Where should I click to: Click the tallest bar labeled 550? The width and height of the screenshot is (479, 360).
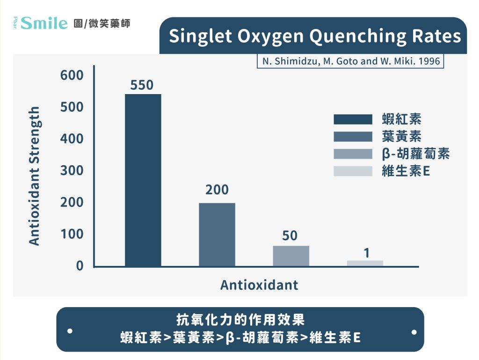click(143, 180)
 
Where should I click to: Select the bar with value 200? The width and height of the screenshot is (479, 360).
click(217, 235)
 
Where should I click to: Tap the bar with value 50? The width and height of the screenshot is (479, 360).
click(291, 256)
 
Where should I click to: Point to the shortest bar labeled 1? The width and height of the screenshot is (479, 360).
click(365, 264)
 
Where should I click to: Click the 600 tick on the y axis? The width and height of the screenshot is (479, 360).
click(72, 75)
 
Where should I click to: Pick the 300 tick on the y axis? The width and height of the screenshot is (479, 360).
click(72, 170)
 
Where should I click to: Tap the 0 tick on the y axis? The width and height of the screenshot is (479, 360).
click(80, 266)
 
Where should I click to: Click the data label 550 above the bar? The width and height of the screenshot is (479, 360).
click(142, 85)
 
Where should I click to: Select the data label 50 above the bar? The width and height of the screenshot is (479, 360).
click(290, 235)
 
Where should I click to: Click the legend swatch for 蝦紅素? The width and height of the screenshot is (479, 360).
click(353, 119)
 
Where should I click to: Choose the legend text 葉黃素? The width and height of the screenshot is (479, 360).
click(401, 136)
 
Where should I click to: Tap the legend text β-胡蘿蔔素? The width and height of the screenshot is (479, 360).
click(415, 154)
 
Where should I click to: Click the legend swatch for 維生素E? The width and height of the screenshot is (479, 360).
click(353, 171)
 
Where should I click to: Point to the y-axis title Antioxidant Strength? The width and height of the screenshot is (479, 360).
click(34, 176)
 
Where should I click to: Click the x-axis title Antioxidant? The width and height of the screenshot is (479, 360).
click(259, 285)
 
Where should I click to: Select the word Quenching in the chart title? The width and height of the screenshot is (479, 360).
click(358, 37)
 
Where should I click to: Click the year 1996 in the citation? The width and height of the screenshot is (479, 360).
click(429, 61)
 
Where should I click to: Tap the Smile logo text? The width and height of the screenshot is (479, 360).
click(44, 23)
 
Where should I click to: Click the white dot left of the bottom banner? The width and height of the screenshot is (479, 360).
click(70, 331)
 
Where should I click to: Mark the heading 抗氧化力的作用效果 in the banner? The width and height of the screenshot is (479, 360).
click(240, 320)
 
